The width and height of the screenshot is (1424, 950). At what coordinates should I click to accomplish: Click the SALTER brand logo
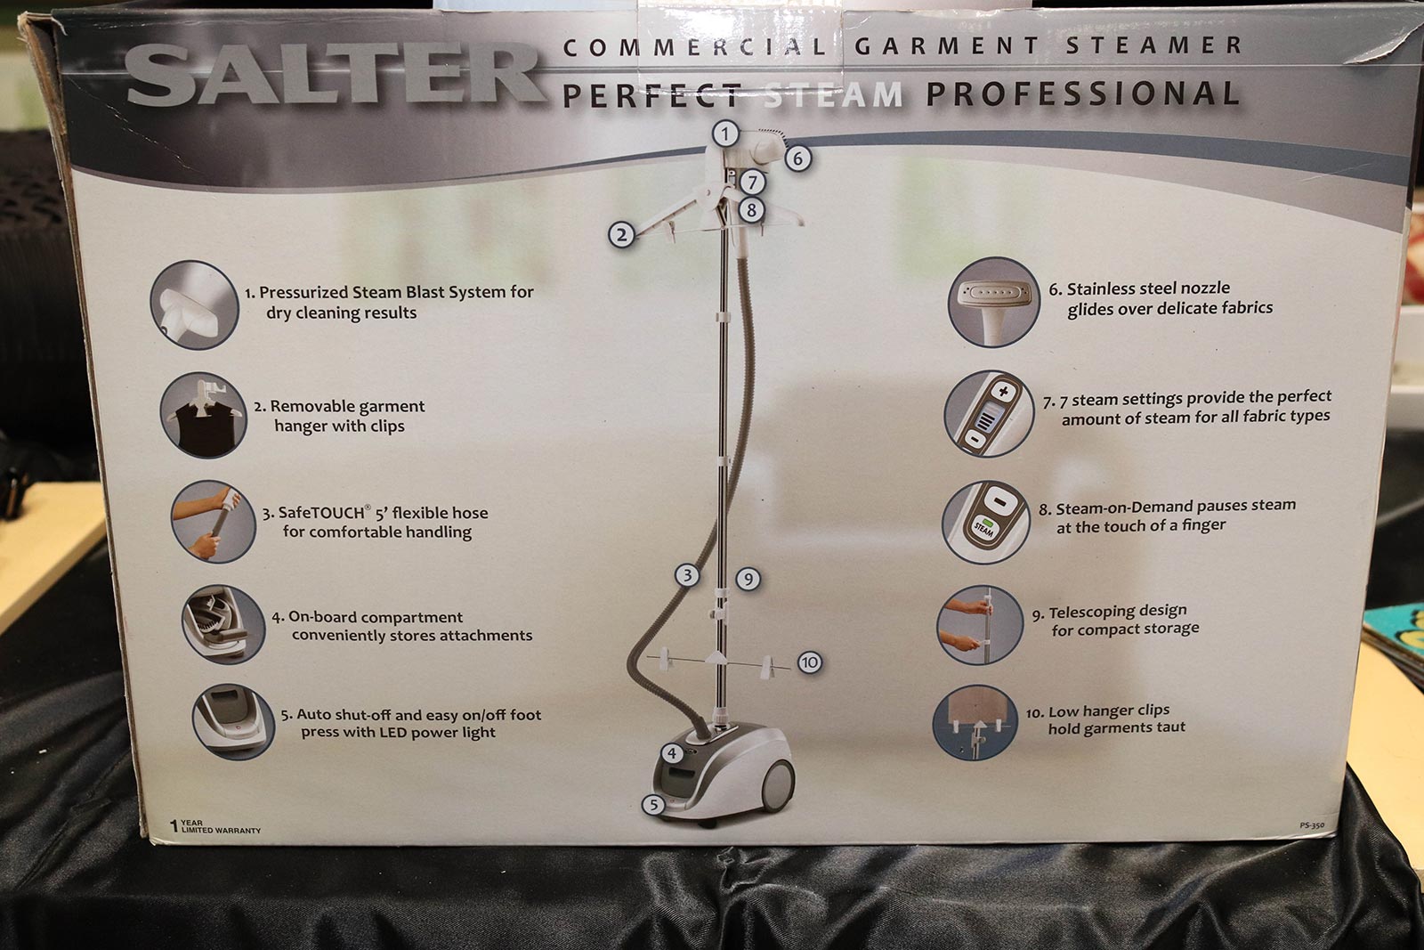[x=335, y=75]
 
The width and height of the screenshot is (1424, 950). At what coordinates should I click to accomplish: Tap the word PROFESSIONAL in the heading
[x=1082, y=94]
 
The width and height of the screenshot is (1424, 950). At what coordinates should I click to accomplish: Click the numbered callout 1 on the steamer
[x=724, y=134]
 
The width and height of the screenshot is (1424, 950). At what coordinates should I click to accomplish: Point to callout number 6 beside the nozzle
[x=797, y=158]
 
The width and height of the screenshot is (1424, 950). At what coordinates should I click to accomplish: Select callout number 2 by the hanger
[x=621, y=235]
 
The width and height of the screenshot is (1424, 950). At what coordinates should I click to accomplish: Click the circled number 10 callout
[x=809, y=662]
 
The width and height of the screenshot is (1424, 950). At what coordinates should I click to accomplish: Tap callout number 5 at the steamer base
[x=653, y=805]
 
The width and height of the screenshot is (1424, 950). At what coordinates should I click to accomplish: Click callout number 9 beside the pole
[x=748, y=580]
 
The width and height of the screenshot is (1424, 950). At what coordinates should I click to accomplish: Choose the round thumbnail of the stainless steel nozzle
[x=993, y=302]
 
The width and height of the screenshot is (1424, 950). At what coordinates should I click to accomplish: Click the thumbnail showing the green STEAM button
[x=985, y=522]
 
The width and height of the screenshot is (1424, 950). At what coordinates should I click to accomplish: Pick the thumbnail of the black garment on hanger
[x=204, y=415]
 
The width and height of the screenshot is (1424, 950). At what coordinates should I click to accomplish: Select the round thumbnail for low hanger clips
[x=975, y=722]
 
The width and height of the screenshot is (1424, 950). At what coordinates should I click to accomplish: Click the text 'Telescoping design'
[x=1118, y=612]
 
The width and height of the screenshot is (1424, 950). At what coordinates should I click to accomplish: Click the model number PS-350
[x=1312, y=825]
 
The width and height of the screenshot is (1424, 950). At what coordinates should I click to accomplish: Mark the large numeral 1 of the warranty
[x=174, y=826]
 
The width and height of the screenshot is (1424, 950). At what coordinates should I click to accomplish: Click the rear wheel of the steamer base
[x=777, y=786]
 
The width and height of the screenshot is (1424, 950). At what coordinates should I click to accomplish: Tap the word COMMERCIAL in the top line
[x=695, y=46]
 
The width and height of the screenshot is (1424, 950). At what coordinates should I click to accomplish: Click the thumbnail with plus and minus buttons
[x=989, y=413]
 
